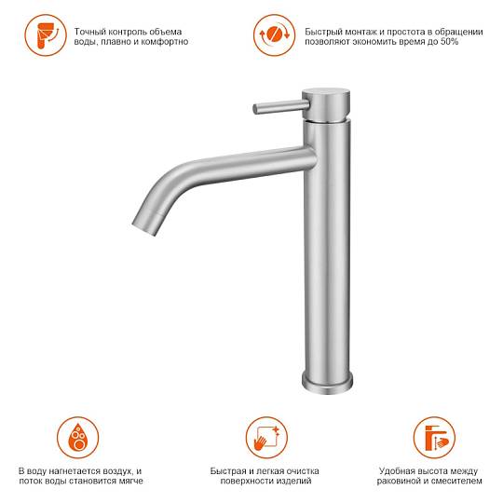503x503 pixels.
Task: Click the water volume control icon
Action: [x=46, y=35]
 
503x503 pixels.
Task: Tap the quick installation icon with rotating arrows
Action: [x=274, y=35]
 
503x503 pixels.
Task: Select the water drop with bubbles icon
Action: [x=78, y=438]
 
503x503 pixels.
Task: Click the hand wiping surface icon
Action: [x=266, y=438]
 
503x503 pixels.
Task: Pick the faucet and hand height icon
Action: [x=434, y=438]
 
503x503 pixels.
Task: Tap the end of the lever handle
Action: [x=255, y=109]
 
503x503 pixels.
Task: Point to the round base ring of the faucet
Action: [x=327, y=384]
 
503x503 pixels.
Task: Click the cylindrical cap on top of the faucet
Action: [x=326, y=104]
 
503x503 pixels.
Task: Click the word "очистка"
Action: [x=302, y=471]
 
